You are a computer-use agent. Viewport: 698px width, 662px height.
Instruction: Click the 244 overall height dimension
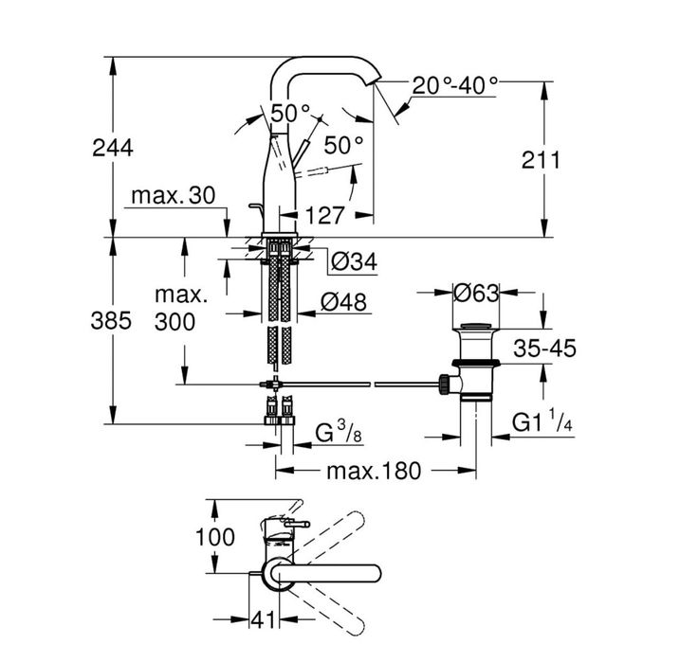112,148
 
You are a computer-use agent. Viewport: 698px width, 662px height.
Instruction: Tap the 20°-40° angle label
454,85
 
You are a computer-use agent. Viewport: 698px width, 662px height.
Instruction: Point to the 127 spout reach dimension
325,215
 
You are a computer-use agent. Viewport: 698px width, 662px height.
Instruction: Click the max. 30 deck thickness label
173,196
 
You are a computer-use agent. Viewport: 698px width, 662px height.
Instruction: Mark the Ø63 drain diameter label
475,294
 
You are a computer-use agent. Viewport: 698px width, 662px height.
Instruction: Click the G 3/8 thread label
336,435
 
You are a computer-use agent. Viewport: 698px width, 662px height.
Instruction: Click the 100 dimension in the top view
214,536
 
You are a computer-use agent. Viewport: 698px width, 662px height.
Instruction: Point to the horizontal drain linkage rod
360,385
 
